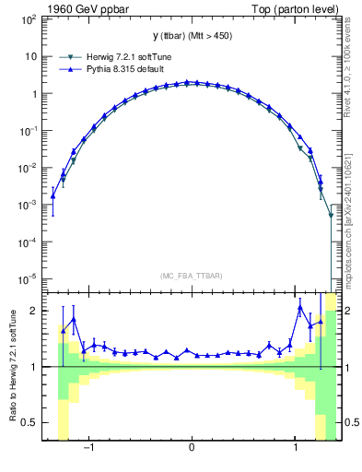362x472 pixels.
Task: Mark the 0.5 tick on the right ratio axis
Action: coord(350,422)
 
